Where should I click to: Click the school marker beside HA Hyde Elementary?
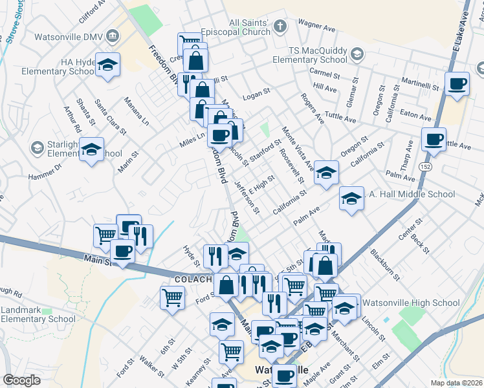[108, 63]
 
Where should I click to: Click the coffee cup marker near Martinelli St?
[457, 83]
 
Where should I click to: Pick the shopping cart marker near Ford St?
[172, 297]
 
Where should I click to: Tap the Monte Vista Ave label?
[297, 153]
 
